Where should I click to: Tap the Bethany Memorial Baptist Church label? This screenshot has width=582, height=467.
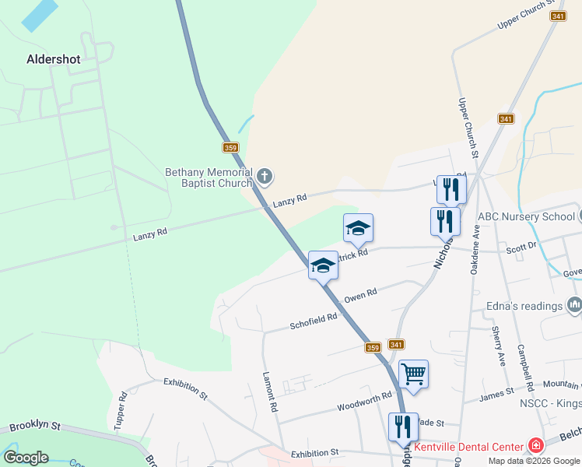[x=209, y=177]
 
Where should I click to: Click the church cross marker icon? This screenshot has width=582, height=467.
[x=265, y=177]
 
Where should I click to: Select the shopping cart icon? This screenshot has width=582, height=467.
[x=413, y=374]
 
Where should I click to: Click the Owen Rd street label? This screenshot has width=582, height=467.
[x=360, y=295]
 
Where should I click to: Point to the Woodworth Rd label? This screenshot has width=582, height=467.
[x=364, y=402]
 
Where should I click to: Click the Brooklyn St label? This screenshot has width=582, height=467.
[x=34, y=427]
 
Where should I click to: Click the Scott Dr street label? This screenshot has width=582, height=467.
[x=521, y=245]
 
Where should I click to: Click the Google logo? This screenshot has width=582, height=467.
[x=26, y=458]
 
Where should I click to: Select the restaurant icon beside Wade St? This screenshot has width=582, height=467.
[x=403, y=427]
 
